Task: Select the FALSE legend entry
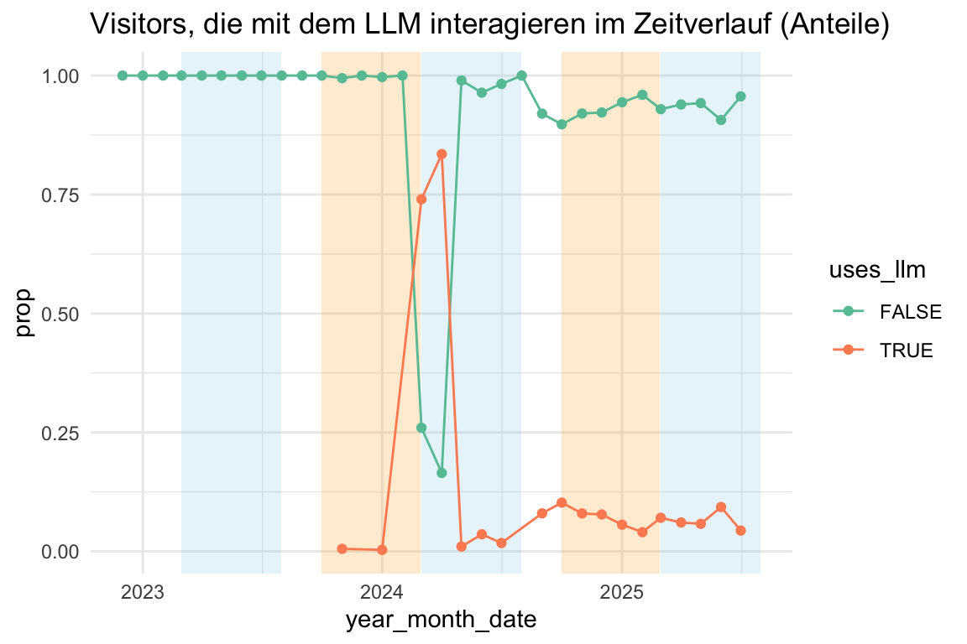[910, 312]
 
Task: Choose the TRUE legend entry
[906, 351]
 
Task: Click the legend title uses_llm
[877, 270]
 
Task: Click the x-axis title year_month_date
[441, 621]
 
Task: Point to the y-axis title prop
[25, 314]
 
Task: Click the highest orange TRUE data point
[442, 154]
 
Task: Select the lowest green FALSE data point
[442, 473]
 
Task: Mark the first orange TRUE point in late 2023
[342, 548]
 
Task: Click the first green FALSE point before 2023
[123, 75]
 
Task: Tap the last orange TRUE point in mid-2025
[740, 531]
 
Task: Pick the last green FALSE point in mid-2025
[740, 96]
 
